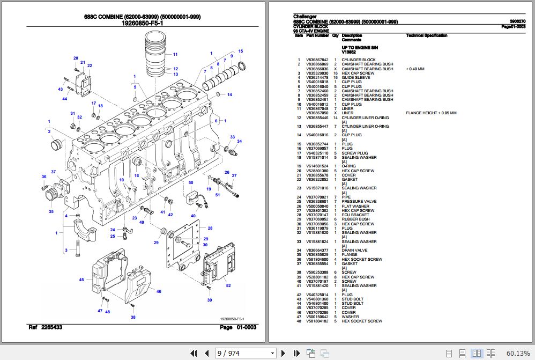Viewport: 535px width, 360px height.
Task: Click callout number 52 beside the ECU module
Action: coord(228,286)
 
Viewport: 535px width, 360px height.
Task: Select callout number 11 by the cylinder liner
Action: coord(175,54)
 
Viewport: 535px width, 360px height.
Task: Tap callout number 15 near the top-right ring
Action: coord(241,51)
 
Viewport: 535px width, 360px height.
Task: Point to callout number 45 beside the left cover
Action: coord(81,280)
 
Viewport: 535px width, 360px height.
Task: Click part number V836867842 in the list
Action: coord(317,60)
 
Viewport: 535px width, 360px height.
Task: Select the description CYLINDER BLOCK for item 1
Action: coord(359,60)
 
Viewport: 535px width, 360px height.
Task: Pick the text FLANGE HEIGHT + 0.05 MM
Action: coord(431,113)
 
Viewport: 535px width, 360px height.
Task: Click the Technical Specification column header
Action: coord(427,35)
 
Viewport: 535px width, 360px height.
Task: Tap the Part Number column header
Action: coord(317,35)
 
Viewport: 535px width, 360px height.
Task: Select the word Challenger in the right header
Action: coord(305,17)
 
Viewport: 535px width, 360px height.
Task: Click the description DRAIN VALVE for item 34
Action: coord(354,251)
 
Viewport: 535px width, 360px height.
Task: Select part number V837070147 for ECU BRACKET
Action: coord(317,215)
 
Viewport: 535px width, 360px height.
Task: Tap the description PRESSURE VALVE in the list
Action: coord(359,202)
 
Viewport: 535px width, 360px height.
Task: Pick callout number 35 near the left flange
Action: coord(51,211)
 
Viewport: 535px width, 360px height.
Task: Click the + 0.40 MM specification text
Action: coord(415,69)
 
